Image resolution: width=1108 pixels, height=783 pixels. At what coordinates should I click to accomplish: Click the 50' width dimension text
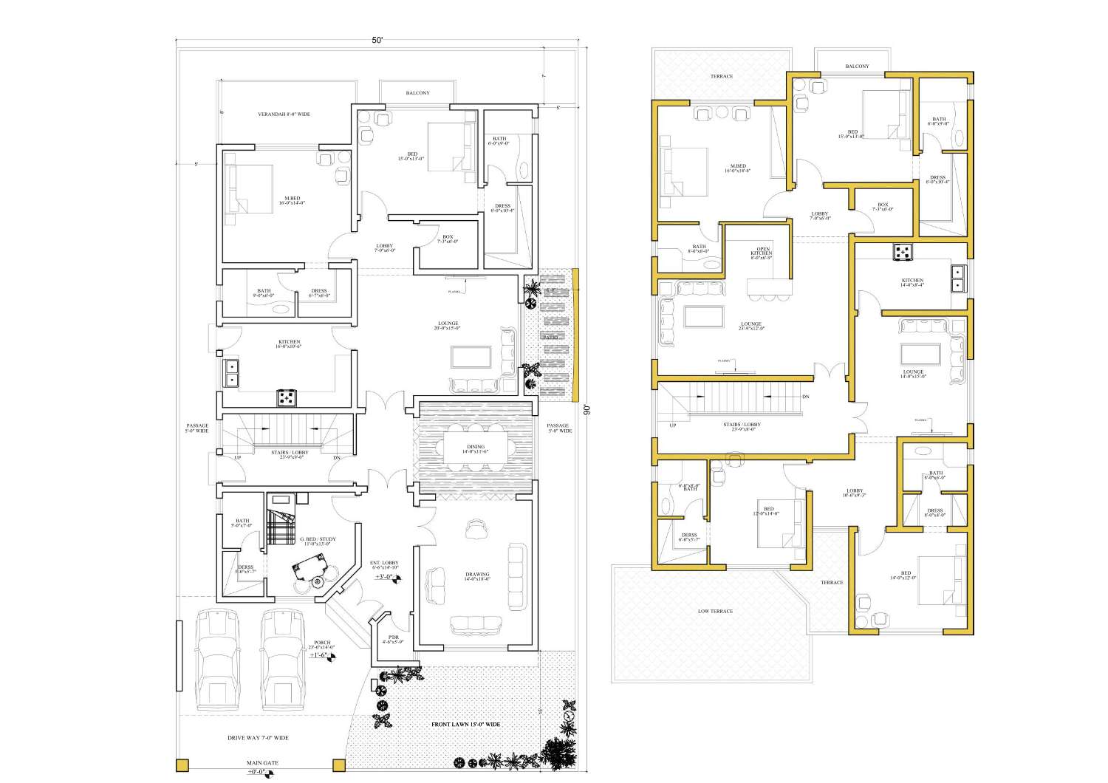pyautogui.click(x=377, y=41)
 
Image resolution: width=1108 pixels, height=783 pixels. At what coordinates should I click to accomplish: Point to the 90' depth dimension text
pyautogui.click(x=586, y=411)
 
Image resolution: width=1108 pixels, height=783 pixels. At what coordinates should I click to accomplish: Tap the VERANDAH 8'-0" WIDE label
pyautogui.click(x=284, y=114)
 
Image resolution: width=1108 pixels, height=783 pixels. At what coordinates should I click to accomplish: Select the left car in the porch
pyautogui.click(x=217, y=660)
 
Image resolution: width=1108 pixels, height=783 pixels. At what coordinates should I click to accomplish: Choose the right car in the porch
pyautogui.click(x=282, y=660)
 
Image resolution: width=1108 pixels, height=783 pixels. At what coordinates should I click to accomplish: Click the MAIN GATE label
pyautogui.click(x=262, y=763)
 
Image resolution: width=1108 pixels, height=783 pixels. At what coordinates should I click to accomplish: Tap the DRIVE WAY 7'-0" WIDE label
pyautogui.click(x=258, y=738)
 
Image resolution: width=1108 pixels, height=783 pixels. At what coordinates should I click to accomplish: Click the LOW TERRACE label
pyautogui.click(x=715, y=612)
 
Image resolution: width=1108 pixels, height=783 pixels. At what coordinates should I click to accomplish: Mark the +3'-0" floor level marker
pyautogui.click(x=385, y=577)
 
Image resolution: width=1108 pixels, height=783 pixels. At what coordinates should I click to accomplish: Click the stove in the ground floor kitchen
pyautogui.click(x=287, y=398)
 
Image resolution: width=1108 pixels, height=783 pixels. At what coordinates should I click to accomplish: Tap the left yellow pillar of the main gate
pyautogui.click(x=182, y=765)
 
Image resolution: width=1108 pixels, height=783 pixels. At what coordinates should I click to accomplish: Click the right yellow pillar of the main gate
pyautogui.click(x=339, y=765)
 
